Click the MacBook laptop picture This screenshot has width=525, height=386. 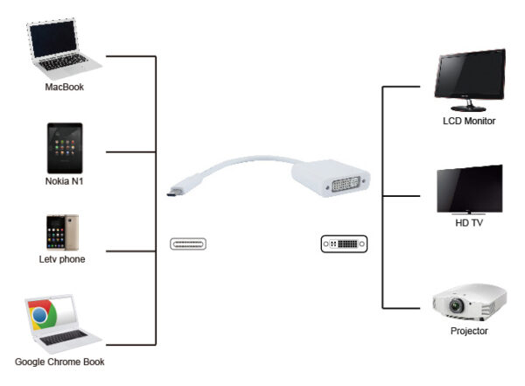(x=64, y=51)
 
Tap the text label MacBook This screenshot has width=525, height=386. (x=64, y=88)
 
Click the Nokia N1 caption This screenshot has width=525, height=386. (x=64, y=181)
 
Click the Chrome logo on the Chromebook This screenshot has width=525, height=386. (x=39, y=315)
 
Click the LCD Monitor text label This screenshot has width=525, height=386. (x=469, y=121)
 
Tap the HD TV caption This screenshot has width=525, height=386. (x=469, y=223)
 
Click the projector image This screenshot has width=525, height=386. (x=469, y=303)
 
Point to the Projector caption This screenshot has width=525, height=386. (x=469, y=332)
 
